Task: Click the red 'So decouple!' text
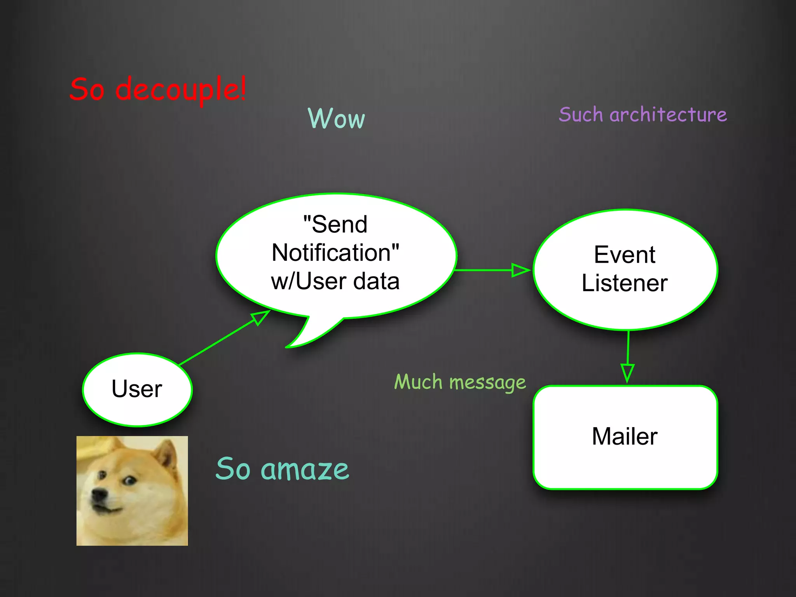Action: pyautogui.click(x=157, y=89)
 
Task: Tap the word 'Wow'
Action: pyautogui.click(x=336, y=118)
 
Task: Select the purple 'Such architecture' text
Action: pyautogui.click(x=642, y=115)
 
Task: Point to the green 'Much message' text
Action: pyautogui.click(x=460, y=382)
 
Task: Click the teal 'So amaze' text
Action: pyautogui.click(x=282, y=469)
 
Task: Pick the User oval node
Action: pyautogui.click(x=137, y=389)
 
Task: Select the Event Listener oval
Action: pyautogui.click(x=625, y=269)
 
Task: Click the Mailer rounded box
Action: pyautogui.click(x=625, y=437)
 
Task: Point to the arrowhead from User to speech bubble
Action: pyautogui.click(x=260, y=317)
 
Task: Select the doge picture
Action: pyautogui.click(x=132, y=491)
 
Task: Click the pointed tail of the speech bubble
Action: pyautogui.click(x=295, y=342)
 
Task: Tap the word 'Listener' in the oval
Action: pyautogui.click(x=625, y=283)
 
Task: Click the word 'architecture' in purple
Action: pyautogui.click(x=668, y=115)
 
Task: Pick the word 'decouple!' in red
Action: pyautogui.click(x=181, y=89)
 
